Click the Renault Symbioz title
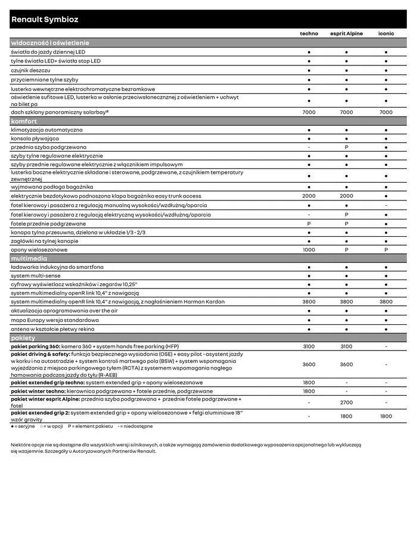click(x=45, y=20)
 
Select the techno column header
click(x=309, y=34)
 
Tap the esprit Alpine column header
click(x=346, y=34)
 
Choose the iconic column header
click(x=386, y=34)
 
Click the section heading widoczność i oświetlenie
click(x=50, y=43)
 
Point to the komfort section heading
click(x=24, y=121)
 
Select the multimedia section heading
click(x=29, y=259)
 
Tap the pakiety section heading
click(x=23, y=338)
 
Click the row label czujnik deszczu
click(x=32, y=70)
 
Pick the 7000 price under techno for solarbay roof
click(x=309, y=112)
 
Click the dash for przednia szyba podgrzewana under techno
click(x=309, y=147)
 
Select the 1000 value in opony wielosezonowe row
click(x=309, y=250)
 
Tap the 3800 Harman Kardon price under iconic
click(x=386, y=302)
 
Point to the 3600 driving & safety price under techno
click(x=309, y=365)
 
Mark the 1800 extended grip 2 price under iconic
click(x=386, y=416)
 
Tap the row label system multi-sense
click(x=36, y=275)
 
